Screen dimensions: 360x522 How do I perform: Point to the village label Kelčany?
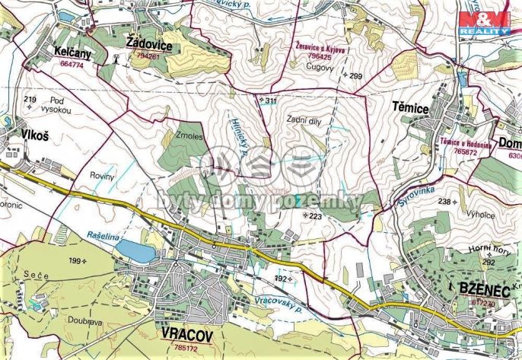(74, 51)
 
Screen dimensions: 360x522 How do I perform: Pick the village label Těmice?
(410, 109)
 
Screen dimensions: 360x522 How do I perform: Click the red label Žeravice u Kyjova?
(320, 46)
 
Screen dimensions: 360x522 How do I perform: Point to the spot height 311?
(268, 100)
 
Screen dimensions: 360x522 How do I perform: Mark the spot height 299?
(354, 75)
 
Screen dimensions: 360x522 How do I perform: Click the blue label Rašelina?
(103, 237)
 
